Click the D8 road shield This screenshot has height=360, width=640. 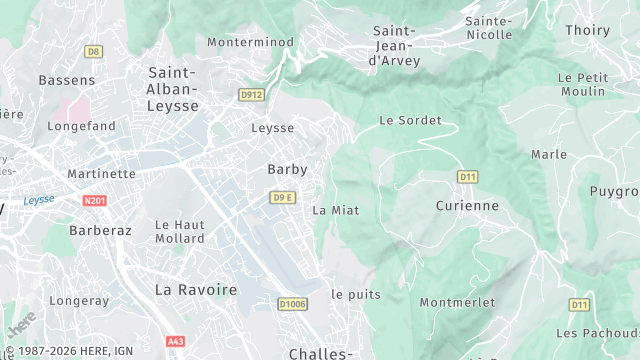[x=94, y=51]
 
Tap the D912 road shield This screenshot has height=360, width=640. [x=251, y=95]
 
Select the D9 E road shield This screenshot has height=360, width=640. [x=283, y=197]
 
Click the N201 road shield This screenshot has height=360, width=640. [x=95, y=201]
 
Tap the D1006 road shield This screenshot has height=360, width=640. [x=292, y=304]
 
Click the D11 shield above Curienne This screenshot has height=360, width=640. [x=467, y=177]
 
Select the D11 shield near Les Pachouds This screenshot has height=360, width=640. [x=579, y=304]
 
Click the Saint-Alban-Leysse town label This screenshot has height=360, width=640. [x=173, y=88]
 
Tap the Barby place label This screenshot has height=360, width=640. [x=287, y=169]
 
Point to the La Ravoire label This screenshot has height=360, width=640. [x=196, y=289]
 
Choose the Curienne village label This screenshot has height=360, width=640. [x=467, y=205]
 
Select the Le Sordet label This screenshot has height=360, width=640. [x=410, y=120]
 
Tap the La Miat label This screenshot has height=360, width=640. [x=335, y=210]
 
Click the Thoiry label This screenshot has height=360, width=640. [x=587, y=30]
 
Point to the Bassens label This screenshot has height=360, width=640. [x=67, y=79]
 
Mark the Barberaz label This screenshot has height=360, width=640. [x=100, y=229]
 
